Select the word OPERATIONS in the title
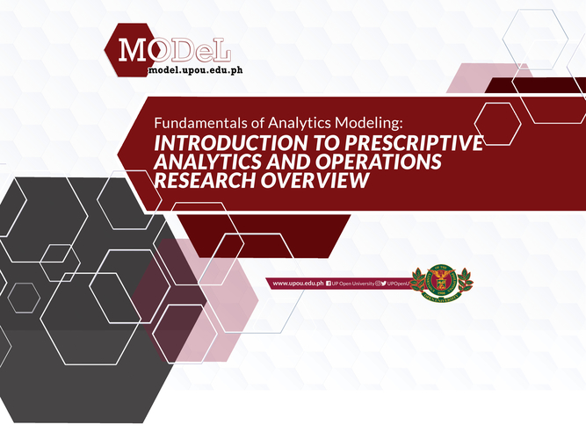click(x=378, y=162)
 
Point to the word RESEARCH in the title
click(x=205, y=180)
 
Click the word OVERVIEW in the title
click(x=315, y=180)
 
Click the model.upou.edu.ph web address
click(x=195, y=70)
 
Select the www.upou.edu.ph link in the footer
click(x=298, y=284)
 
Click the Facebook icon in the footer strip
click(x=329, y=284)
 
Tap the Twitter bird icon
click(x=384, y=284)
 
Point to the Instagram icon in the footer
click(x=378, y=284)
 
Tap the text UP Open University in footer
click(x=353, y=284)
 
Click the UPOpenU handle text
click(x=398, y=284)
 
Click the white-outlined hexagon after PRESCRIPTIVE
click(x=497, y=124)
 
